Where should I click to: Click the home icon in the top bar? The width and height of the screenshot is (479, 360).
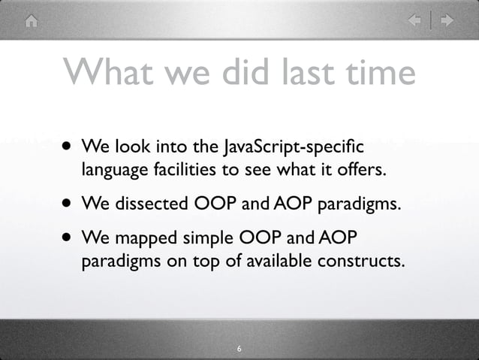pyautogui.click(x=31, y=21)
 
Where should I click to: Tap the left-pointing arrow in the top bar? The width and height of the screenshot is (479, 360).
pyautogui.click(x=414, y=21)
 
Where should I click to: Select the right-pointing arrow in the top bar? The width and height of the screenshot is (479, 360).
pyautogui.click(x=447, y=21)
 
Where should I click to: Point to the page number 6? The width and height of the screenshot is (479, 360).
pyautogui.click(x=239, y=349)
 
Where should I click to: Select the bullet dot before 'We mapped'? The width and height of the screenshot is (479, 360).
pyautogui.click(x=68, y=239)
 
